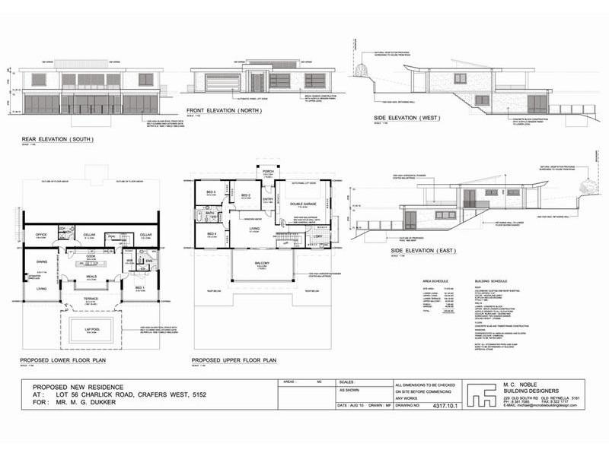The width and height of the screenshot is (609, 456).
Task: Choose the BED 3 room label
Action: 209,192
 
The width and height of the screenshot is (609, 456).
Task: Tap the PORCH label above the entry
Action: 268,171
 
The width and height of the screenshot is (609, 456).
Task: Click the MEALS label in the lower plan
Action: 90,277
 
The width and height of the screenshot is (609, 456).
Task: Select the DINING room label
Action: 42,261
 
